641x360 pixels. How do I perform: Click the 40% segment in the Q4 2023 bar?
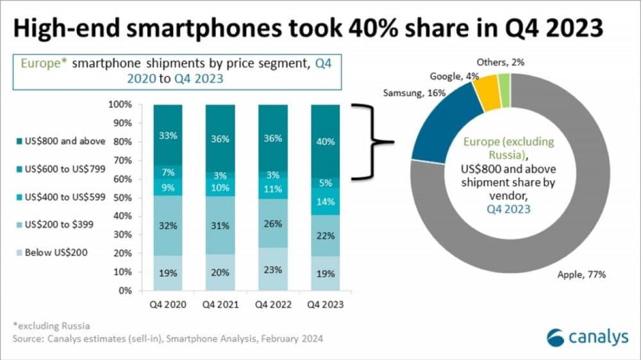tap(326, 142)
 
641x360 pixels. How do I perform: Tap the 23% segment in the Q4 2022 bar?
tap(273, 269)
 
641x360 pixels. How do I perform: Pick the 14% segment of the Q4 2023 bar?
tap(326, 202)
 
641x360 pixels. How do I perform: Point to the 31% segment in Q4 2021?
tap(221, 224)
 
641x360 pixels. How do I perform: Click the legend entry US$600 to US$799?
tap(54, 169)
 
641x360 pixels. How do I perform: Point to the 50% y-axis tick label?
tap(122, 197)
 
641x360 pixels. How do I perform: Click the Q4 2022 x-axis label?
tap(273, 305)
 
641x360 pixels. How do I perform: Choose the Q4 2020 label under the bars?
tap(168, 305)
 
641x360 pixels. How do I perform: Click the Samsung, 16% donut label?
tap(411, 94)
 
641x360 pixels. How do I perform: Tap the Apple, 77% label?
tap(579, 275)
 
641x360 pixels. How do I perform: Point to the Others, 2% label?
tap(499, 63)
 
